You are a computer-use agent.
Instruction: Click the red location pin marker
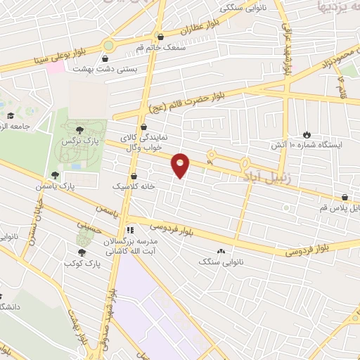point(181,165)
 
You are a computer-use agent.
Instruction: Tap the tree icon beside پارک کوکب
point(82,252)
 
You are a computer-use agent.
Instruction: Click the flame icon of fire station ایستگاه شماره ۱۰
point(307,134)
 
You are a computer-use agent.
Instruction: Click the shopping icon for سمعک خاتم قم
point(161,37)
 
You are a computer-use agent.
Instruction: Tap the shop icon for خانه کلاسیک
point(134,176)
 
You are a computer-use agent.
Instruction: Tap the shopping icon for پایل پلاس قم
point(345,198)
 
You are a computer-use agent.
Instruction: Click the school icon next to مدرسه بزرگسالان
point(129,230)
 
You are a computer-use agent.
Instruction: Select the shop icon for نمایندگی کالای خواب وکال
point(144,128)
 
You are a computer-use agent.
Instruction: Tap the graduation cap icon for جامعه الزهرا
point(11,116)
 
